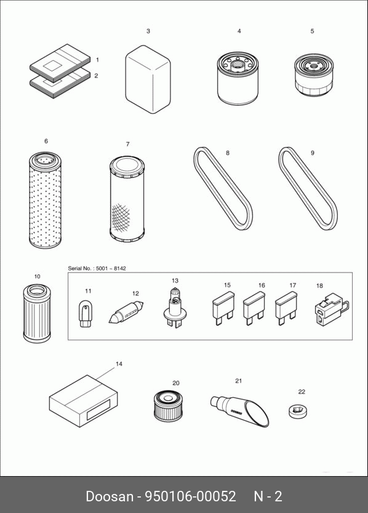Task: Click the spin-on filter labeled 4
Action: (238, 78)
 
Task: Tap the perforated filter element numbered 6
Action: (45, 199)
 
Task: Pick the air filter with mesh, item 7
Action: (127, 199)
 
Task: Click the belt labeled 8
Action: (223, 189)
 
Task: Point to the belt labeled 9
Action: (308, 188)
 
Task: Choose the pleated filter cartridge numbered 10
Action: (37, 314)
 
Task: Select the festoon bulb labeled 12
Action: (126, 312)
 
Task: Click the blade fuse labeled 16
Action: (254, 309)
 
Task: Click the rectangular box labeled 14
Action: (84, 400)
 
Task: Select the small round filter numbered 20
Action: (167, 406)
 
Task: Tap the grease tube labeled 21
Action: (239, 410)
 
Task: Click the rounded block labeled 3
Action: (148, 79)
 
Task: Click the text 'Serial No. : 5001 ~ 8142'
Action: (97, 268)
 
